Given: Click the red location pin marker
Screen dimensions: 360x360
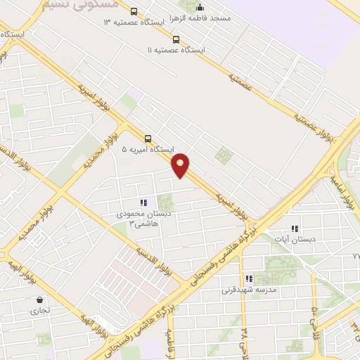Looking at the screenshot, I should coord(181,165).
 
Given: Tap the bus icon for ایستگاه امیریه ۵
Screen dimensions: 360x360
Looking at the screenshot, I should coord(148,139).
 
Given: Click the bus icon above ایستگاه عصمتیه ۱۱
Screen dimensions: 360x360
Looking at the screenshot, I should coord(176,39).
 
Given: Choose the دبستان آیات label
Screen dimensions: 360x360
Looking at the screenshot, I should coord(295,239).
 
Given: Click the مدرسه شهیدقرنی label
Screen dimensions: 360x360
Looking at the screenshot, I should coord(250,290).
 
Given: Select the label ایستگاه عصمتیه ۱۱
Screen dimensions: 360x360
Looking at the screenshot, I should coord(176,51).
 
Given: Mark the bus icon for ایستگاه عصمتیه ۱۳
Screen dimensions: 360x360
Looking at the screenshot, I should coord(134,11).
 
